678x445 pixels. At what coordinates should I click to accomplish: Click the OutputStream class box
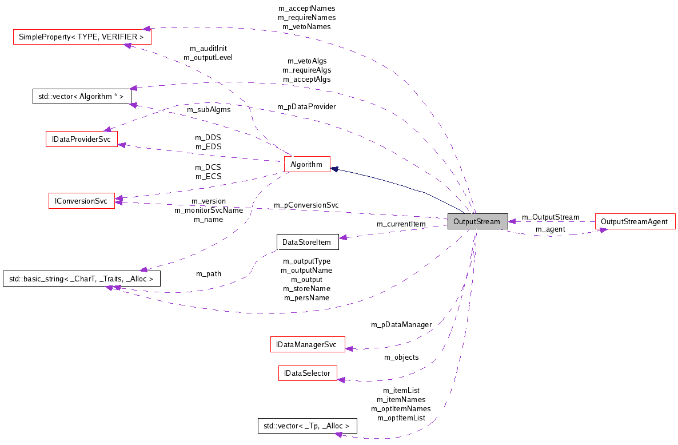[x=477, y=221]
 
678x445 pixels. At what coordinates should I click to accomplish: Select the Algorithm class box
[x=306, y=165]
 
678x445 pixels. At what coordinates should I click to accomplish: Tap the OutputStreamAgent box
[x=635, y=221]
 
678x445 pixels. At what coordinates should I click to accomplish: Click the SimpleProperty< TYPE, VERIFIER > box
[x=82, y=37]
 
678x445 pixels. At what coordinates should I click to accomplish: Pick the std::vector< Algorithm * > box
[x=82, y=96]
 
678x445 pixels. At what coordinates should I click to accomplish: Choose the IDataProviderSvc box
[x=81, y=138]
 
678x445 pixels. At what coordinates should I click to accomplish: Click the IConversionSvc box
[x=81, y=201]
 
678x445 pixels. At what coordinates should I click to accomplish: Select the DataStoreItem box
[x=307, y=242]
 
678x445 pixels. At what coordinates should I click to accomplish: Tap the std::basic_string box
[x=81, y=279]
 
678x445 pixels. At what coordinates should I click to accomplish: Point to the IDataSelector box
[x=307, y=373]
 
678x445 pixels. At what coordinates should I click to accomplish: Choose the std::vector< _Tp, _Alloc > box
[x=307, y=426]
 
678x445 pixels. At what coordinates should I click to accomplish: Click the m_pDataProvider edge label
[x=306, y=107]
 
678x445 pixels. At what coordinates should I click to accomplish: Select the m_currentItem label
[x=401, y=224]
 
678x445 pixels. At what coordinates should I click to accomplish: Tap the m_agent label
[x=550, y=229]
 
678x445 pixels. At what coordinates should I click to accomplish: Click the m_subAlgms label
[x=209, y=110]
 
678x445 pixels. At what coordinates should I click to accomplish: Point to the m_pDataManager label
[x=401, y=325]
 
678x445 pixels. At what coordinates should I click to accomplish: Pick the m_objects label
[x=401, y=357]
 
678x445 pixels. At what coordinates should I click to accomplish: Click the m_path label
[x=209, y=274]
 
